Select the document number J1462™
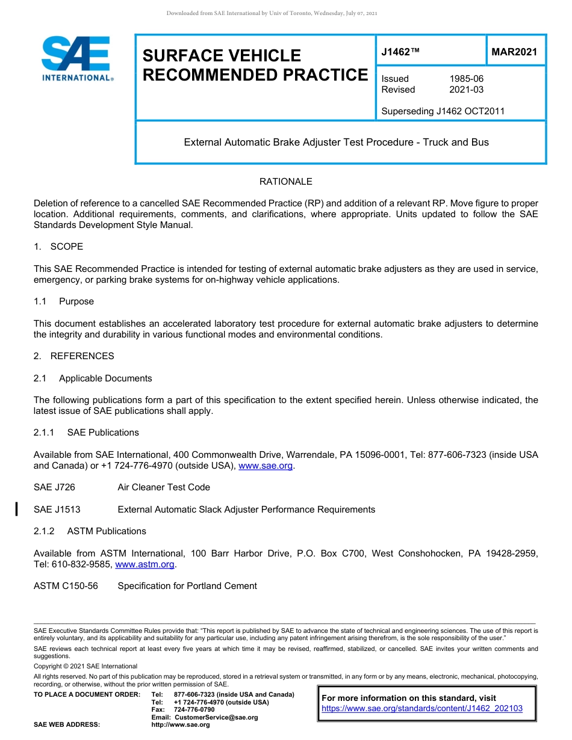click(x=400, y=52)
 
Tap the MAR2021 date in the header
click(x=514, y=52)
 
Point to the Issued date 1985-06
click(x=466, y=79)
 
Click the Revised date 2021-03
click(x=466, y=90)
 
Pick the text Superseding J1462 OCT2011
click(x=443, y=111)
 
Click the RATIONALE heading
click(x=285, y=182)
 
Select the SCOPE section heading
click(x=66, y=247)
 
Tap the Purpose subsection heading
click(x=76, y=301)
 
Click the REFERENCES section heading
click(x=82, y=356)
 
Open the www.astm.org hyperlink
click(x=145, y=564)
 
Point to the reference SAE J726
click(x=54, y=487)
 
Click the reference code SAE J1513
click(x=57, y=510)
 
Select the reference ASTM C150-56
click(x=66, y=586)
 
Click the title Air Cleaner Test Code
click(x=164, y=487)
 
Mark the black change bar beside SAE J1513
click(x=17, y=510)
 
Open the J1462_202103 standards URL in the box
click(x=422, y=709)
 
